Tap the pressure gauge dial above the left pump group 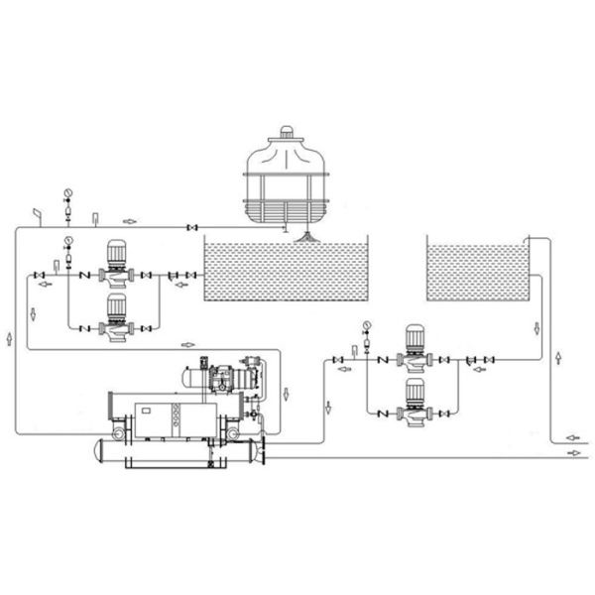67,241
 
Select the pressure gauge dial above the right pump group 367,324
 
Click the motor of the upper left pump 116,253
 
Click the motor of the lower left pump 116,307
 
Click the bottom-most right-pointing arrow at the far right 572,452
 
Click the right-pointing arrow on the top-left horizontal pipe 130,220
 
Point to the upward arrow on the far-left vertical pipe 10,339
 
